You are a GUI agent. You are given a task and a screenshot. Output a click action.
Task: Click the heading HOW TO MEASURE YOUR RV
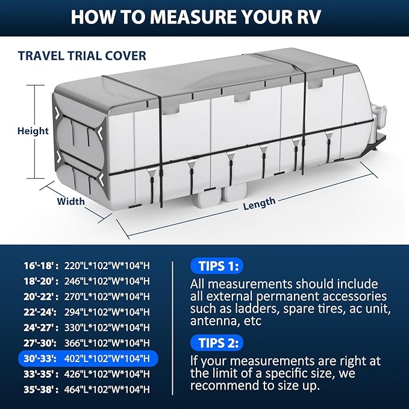tap(204, 16)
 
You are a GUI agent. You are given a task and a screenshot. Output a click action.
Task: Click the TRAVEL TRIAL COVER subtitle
tap(82, 56)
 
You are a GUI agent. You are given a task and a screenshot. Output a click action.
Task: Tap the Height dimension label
tap(33, 131)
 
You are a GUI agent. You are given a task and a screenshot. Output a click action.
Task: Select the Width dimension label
tap(70, 201)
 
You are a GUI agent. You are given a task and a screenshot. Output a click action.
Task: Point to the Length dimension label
tap(259, 204)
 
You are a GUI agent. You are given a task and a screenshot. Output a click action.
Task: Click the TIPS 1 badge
tap(216, 266)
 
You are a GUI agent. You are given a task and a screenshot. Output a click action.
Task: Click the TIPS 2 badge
tap(216, 343)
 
